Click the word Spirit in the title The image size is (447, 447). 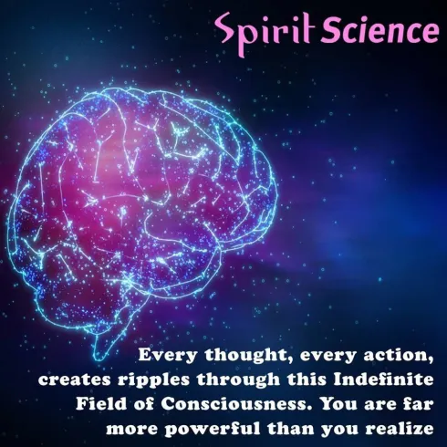click(264, 33)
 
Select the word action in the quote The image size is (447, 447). click(398, 356)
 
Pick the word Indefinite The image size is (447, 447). click(383, 379)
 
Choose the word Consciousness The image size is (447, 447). click(234, 404)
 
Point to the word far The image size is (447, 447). click(420, 404)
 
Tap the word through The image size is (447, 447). click(238, 381)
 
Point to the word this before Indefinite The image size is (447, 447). click(307, 379)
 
